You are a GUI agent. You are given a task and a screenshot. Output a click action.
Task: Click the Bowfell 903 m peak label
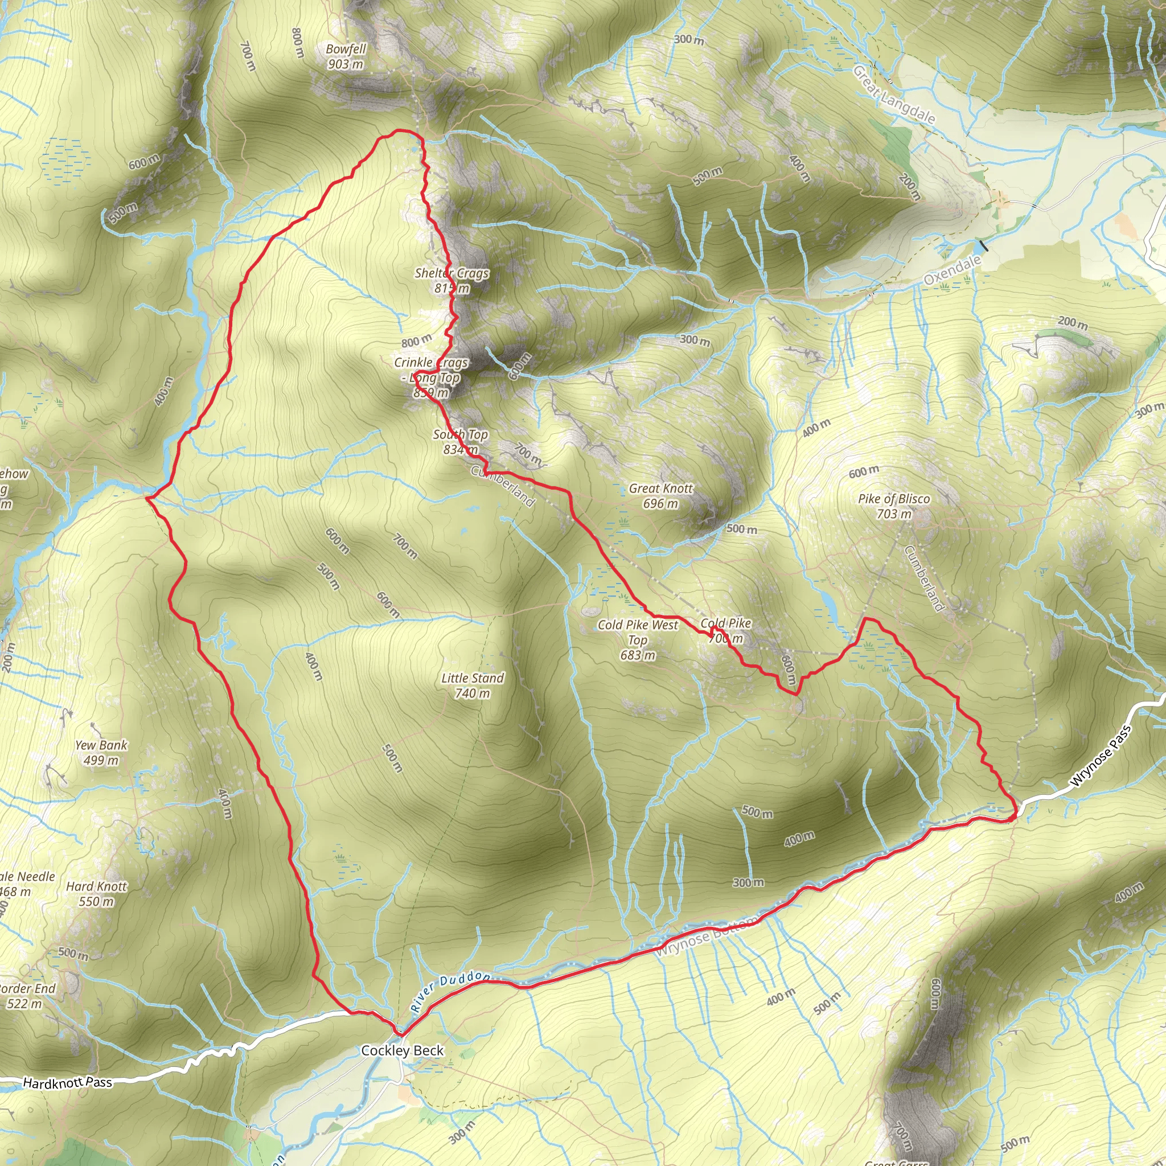pyautogui.click(x=346, y=56)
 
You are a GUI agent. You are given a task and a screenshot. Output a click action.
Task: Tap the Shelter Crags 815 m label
pyautogui.click(x=451, y=281)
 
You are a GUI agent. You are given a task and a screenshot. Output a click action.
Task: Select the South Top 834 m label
pyautogui.click(x=461, y=442)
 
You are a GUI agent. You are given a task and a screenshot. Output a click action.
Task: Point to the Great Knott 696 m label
pyautogui.click(x=661, y=495)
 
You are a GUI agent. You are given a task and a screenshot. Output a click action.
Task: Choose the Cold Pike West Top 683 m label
pyautogui.click(x=638, y=640)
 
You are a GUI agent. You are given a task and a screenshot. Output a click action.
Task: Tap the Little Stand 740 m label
pyautogui.click(x=473, y=685)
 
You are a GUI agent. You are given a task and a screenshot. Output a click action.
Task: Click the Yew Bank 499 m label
pyautogui.click(x=101, y=753)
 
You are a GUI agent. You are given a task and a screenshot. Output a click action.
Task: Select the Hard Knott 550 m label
pyautogui.click(x=97, y=894)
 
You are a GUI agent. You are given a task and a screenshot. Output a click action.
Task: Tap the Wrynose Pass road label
pyautogui.click(x=1099, y=757)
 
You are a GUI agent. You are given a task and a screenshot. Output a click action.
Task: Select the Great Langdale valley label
pyautogui.click(x=894, y=95)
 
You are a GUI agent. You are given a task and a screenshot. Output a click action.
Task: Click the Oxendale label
pyautogui.click(x=952, y=270)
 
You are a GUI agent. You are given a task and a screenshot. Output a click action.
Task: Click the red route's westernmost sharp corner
pyautogui.click(x=147, y=498)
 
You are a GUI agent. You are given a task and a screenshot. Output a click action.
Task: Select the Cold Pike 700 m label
pyautogui.click(x=725, y=630)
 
